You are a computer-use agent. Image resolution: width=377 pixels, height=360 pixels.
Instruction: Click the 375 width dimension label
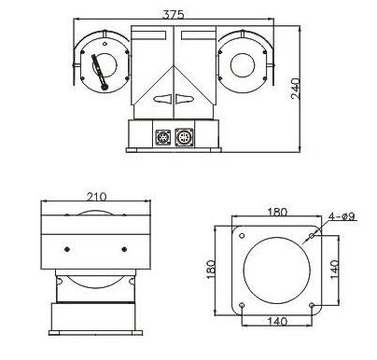coord(174,15)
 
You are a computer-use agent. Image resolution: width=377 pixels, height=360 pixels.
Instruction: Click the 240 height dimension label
coord(296,89)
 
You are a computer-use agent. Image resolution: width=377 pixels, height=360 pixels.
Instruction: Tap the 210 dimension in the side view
coord(96,197)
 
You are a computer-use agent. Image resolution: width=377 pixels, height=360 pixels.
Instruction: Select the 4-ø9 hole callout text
coord(342,216)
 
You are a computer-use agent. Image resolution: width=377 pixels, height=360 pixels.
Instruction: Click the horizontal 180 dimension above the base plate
coord(277,212)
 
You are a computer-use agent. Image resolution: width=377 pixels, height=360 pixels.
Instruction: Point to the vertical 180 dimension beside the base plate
coord(211,270)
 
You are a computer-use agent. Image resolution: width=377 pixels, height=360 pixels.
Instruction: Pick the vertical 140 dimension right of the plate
coord(334,270)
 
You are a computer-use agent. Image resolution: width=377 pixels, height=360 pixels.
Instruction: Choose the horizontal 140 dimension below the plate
coord(277,321)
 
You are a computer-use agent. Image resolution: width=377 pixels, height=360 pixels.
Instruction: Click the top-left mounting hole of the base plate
coord(242,236)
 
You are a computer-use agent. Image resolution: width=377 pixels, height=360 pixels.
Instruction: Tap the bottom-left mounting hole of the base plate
coord(242,305)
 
